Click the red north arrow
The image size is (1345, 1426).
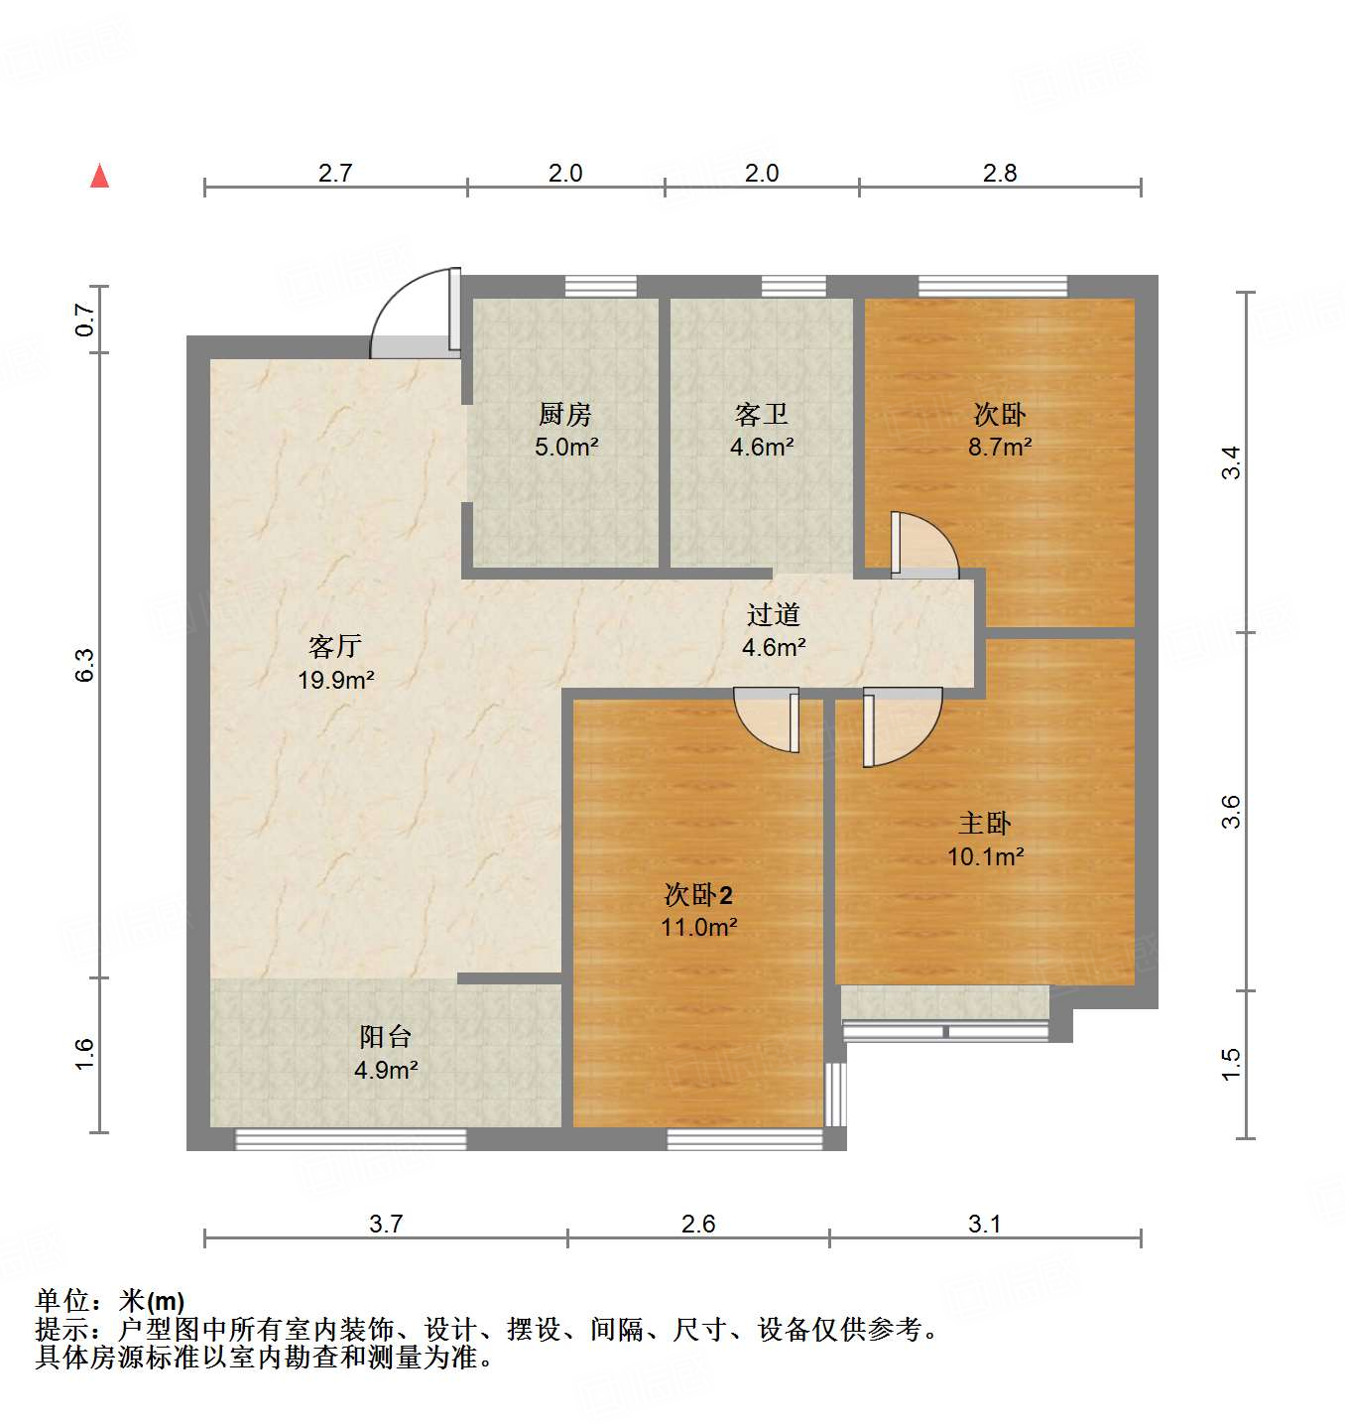coord(99,176)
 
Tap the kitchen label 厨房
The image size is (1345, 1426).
coord(565,414)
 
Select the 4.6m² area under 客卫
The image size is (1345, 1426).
coord(762,448)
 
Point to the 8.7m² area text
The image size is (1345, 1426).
coord(1000,448)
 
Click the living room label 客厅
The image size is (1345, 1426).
coord(335,647)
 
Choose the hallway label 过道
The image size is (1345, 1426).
coord(774,615)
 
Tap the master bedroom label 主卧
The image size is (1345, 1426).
coord(985,824)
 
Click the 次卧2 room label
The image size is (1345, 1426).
coord(698,895)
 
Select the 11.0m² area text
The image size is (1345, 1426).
coord(698,928)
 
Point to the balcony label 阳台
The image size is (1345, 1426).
coord(385,1038)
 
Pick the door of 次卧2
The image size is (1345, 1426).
coord(770,718)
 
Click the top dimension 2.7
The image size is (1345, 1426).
coord(335,174)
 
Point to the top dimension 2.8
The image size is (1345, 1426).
coord(1000,174)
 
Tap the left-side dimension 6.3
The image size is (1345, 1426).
coord(85,665)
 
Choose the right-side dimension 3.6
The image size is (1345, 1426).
coord(1231,812)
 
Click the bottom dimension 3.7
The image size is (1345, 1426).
coord(386,1225)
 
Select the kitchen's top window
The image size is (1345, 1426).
coord(601,287)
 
